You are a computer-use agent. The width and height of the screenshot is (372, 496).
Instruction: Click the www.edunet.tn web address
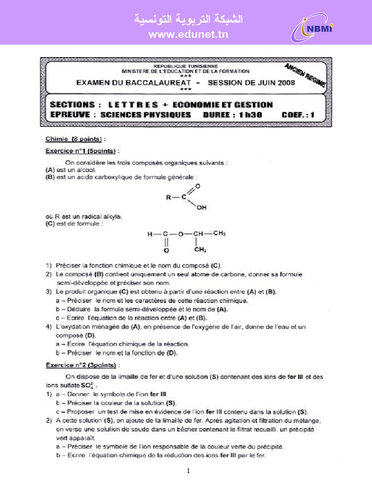[188, 34]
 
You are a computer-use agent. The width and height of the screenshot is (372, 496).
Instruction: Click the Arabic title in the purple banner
[188, 19]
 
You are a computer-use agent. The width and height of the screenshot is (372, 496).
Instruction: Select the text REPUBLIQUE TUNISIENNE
[186, 66]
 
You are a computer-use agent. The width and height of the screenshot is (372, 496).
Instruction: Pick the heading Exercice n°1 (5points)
[81, 151]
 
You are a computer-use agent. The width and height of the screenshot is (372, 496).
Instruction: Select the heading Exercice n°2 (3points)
[81, 365]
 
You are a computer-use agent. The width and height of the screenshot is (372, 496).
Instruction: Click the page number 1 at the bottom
[188, 471]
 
